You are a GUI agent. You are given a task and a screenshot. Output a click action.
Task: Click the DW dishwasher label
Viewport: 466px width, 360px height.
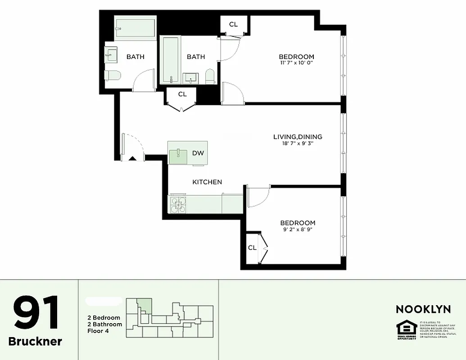198,153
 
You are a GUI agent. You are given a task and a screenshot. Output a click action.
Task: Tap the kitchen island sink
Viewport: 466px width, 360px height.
178,154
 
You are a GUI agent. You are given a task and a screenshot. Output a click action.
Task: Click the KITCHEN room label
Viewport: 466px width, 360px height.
207,182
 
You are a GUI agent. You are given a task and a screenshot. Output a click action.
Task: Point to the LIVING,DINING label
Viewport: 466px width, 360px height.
298,137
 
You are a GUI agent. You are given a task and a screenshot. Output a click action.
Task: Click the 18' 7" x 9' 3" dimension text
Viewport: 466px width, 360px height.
298,144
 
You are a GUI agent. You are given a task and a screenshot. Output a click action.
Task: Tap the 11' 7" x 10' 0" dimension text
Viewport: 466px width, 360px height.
296,63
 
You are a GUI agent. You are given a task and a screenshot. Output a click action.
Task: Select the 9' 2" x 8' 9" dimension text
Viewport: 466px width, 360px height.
298,229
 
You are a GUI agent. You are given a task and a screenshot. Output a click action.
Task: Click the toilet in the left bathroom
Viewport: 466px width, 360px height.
112,76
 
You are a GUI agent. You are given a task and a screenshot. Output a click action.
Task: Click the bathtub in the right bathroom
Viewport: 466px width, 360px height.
171,59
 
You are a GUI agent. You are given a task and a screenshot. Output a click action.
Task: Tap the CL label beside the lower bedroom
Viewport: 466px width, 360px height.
252,247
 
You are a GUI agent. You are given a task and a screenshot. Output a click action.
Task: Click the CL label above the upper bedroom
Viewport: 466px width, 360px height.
233,24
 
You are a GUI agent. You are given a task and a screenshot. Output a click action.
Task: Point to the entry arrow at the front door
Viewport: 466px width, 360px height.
132,158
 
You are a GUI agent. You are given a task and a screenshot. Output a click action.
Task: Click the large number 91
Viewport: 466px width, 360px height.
36,313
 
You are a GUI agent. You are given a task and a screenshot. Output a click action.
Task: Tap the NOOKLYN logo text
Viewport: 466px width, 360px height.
423,309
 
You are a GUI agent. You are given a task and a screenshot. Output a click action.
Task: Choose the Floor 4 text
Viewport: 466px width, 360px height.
98,331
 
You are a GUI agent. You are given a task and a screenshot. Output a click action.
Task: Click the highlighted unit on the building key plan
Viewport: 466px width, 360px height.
145,304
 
